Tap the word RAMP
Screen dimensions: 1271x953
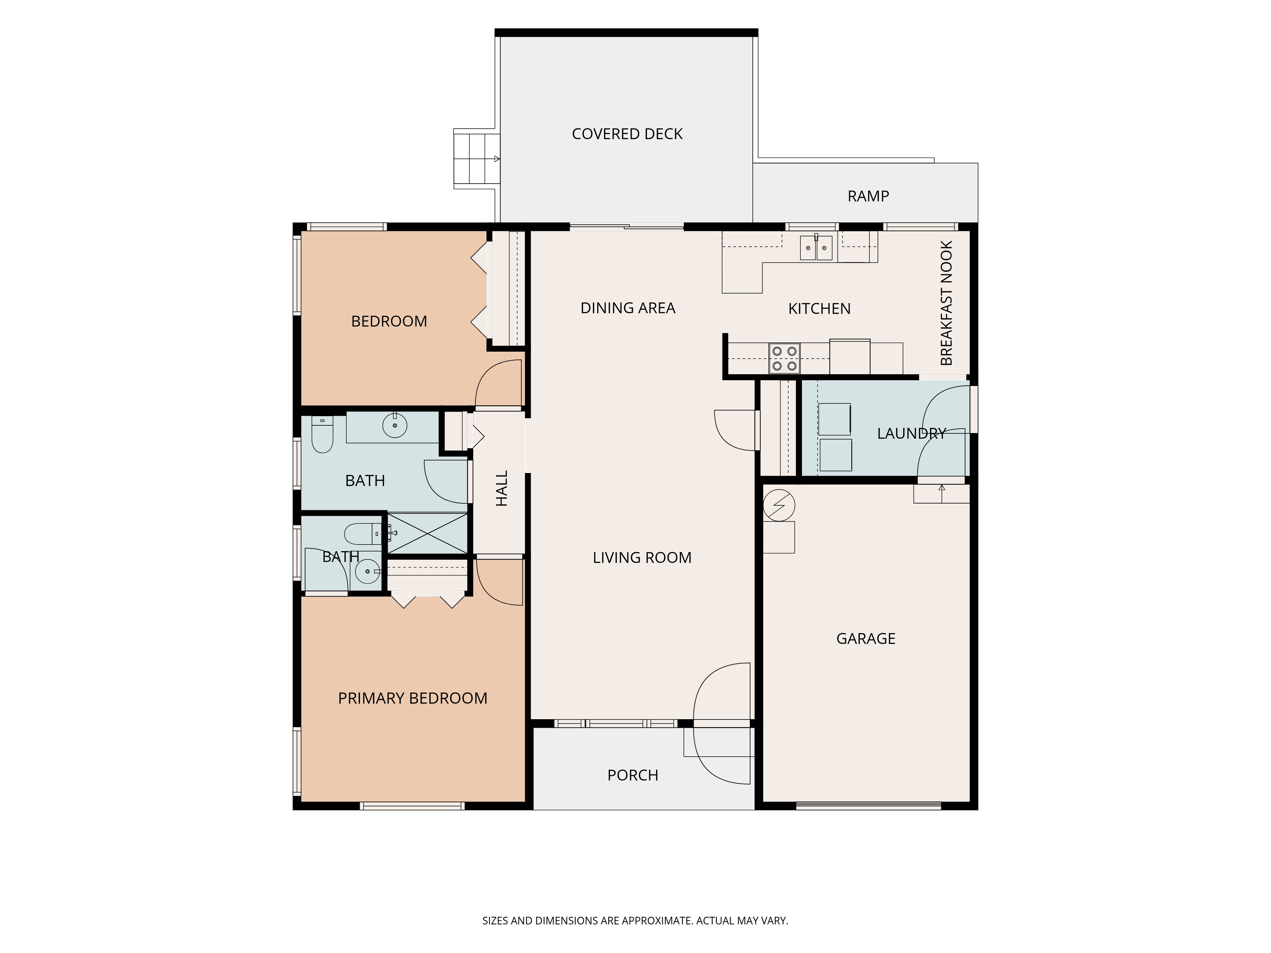pyautogui.click(x=868, y=196)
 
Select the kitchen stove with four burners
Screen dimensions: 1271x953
pyautogui.click(x=784, y=358)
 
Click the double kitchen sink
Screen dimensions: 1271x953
pyautogui.click(x=816, y=247)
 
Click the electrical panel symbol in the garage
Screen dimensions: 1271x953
pyautogui.click(x=778, y=505)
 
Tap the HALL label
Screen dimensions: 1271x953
pyautogui.click(x=502, y=488)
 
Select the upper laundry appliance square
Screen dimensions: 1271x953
pyautogui.click(x=834, y=419)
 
